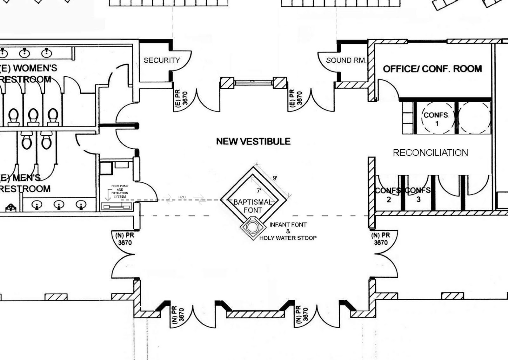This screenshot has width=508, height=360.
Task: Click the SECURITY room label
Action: [x=162, y=60]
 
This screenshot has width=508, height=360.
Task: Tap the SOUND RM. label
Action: [x=346, y=60]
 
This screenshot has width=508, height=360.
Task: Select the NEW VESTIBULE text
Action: [x=253, y=141]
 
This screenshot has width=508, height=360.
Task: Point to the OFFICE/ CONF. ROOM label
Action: [x=432, y=69]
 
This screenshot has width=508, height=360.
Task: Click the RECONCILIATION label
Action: [x=430, y=153]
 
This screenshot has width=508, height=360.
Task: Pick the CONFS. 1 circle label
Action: [x=436, y=118]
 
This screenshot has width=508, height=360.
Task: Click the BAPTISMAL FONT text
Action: [x=253, y=206]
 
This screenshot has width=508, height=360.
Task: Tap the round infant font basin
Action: [x=253, y=227]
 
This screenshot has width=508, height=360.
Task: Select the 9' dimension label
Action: [x=275, y=178]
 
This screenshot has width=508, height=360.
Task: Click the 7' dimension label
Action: [x=259, y=191]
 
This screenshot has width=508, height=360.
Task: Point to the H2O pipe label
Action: [x=182, y=197]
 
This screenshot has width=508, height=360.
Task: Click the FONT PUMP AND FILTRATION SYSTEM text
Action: [x=120, y=191]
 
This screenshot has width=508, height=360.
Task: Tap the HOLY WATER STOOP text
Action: [x=288, y=238]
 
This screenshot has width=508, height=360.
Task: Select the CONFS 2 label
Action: [x=388, y=195]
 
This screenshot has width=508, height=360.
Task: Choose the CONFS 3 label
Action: [x=418, y=195]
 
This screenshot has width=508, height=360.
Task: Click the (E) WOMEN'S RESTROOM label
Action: [x=27, y=73]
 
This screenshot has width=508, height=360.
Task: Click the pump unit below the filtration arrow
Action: [x=116, y=207]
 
